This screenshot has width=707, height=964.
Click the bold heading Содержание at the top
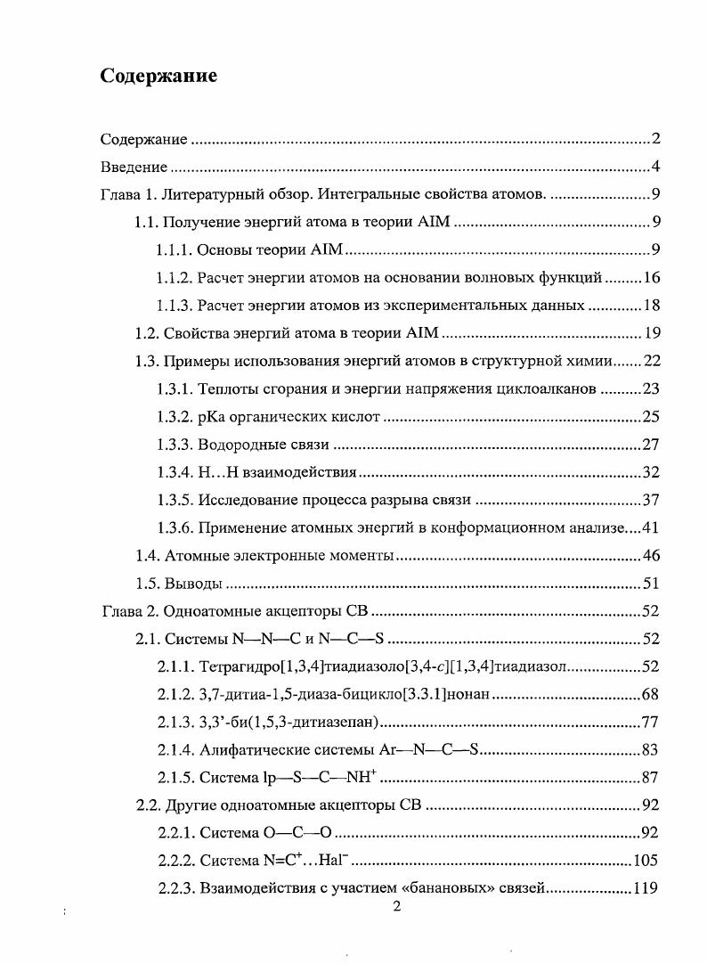[x=158, y=76]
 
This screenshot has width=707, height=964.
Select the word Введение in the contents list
[x=134, y=167]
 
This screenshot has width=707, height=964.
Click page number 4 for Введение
[x=654, y=167]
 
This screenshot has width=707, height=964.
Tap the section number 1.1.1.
[x=174, y=250]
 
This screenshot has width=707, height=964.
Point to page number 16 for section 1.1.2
[x=650, y=278]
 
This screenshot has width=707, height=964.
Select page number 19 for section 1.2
[x=650, y=333]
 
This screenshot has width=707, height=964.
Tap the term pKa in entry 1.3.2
[x=211, y=416]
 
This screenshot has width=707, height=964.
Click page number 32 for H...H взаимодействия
[x=650, y=471]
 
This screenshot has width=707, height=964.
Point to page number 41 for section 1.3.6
[x=650, y=527]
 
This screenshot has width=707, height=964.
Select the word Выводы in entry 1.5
[x=191, y=584]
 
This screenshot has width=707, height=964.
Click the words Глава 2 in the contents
[x=128, y=611]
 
